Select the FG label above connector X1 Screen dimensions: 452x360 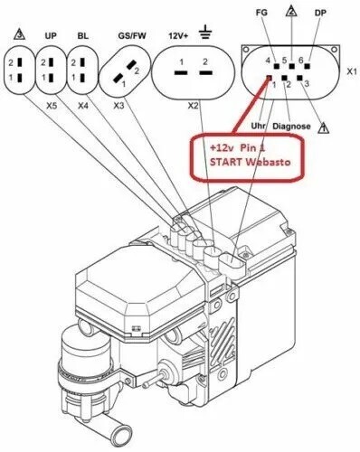click(x=262, y=15)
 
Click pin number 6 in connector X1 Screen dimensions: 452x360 click(x=304, y=61)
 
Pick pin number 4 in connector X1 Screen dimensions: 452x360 click(x=269, y=61)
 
